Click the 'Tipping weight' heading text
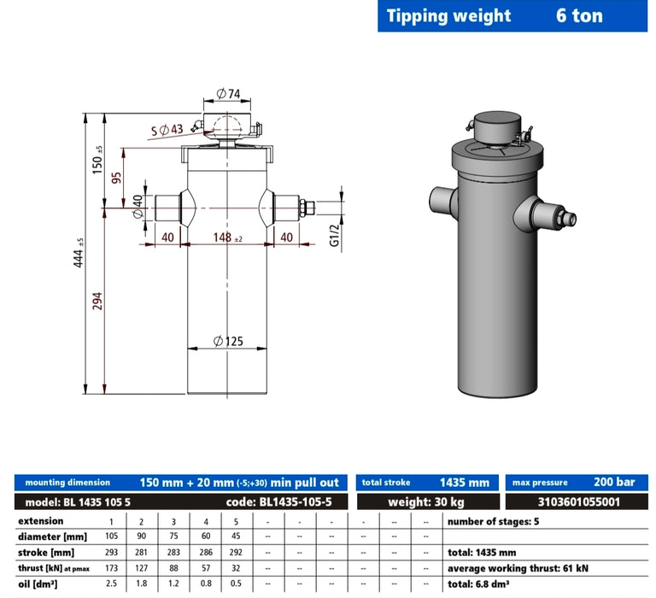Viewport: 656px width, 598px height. coord(448,15)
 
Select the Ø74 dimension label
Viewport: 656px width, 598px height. coord(227,92)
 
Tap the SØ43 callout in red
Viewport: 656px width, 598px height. coord(167,130)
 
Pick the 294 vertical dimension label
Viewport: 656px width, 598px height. coord(97,302)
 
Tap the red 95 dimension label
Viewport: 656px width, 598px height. coord(116,179)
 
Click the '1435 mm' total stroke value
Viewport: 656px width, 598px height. coord(464,483)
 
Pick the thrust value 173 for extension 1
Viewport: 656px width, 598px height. coord(109,568)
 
